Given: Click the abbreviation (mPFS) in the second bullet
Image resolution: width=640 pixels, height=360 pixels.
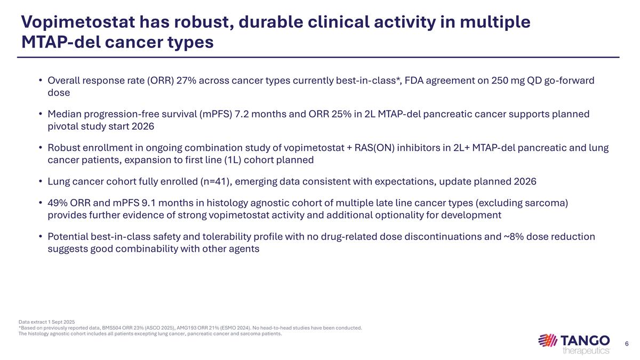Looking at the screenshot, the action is (213, 114).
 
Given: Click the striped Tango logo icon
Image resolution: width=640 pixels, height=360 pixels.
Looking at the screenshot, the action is (548, 340).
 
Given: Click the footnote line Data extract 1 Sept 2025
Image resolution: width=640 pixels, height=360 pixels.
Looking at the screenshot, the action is (47, 322).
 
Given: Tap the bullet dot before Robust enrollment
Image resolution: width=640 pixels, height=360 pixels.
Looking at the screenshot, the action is (41, 148).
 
